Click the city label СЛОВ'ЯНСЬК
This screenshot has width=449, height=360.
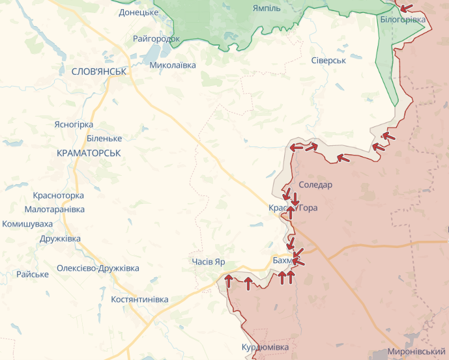point(99,71)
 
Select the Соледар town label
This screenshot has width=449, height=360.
point(315,185)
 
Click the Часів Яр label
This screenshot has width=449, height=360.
point(209,261)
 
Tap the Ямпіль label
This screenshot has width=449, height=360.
point(267,8)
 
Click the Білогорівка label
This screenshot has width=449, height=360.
point(403,20)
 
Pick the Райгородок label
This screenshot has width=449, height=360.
point(156,39)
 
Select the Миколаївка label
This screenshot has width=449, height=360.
point(173,65)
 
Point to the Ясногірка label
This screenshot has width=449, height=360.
point(74,124)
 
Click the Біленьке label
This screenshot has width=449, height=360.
point(104,139)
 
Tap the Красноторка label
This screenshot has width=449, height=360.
point(59,195)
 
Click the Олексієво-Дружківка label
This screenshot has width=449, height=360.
point(98,268)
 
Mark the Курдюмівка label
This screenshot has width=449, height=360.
point(265,348)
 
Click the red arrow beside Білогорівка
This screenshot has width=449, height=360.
point(406,8)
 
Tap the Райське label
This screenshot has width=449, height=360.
point(33,274)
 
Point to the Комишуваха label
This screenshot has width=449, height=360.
point(27,224)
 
